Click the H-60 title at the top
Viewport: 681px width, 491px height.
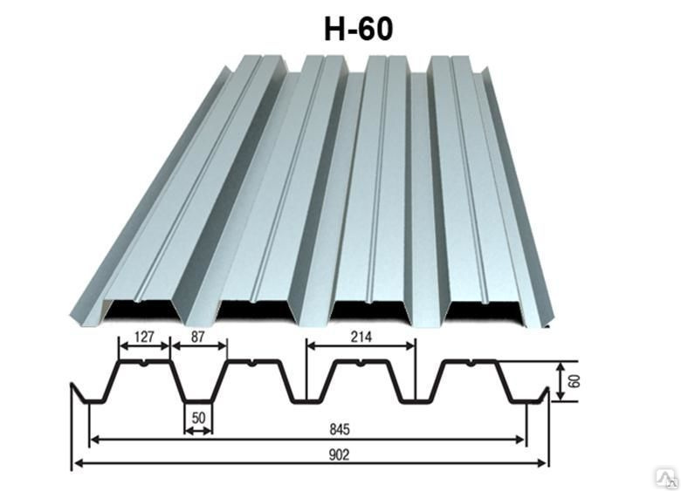(x=359, y=29)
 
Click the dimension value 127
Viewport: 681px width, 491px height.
(x=144, y=337)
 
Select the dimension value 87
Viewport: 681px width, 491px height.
(x=197, y=337)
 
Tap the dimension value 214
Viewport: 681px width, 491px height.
(x=361, y=337)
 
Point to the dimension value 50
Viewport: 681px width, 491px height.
(x=198, y=418)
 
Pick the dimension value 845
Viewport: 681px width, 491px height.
(x=340, y=429)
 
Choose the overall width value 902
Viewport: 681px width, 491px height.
(x=339, y=454)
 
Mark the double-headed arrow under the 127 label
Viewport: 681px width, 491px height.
(x=144, y=345)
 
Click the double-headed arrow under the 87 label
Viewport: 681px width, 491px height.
(x=199, y=345)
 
